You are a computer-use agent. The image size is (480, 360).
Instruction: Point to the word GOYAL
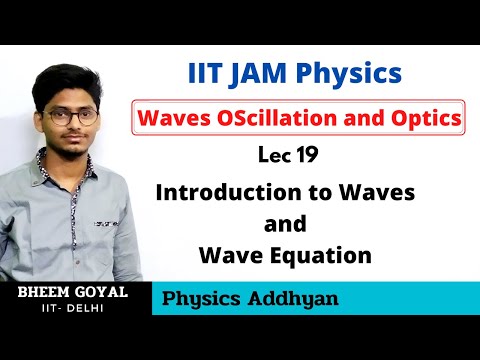[x=105, y=290]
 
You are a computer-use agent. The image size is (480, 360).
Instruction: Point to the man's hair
[x=71, y=79]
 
